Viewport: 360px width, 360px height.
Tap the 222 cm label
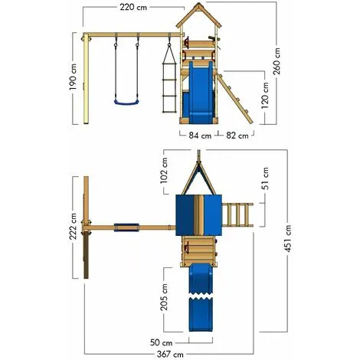point(71,232)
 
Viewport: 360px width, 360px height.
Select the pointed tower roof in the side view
point(200,18)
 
